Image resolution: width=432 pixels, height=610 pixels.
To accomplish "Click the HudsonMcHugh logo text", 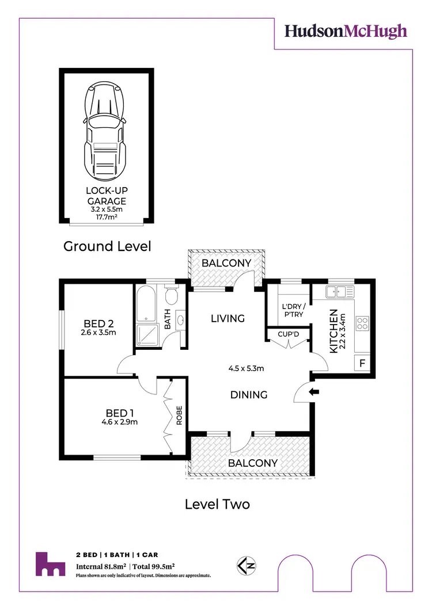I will click(x=346, y=31).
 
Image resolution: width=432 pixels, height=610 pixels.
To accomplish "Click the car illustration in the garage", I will click(x=105, y=132).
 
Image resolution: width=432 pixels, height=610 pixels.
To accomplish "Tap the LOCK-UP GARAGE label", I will click(x=106, y=196).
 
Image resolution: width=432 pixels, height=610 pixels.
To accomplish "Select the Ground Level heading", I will click(x=107, y=246).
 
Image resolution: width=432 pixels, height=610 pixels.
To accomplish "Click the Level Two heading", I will click(x=217, y=505).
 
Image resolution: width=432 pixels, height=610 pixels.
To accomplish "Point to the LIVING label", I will click(x=228, y=318).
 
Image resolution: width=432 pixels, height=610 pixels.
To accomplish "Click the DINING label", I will click(x=249, y=395).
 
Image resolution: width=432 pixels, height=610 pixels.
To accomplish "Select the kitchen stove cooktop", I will click(x=362, y=323).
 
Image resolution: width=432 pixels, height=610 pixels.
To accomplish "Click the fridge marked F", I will click(x=362, y=364).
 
